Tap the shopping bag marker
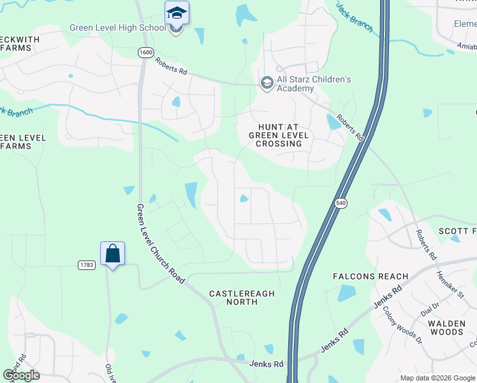coord(112,254)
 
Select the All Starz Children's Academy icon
coord(267,83)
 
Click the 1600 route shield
coord(145,52)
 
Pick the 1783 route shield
coord(87,264)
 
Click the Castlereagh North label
coord(242,297)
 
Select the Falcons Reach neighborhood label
coord(371,276)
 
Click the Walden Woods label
coord(446,327)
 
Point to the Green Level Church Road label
coord(161,244)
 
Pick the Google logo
coord(21,375)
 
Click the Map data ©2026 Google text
coord(437,378)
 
